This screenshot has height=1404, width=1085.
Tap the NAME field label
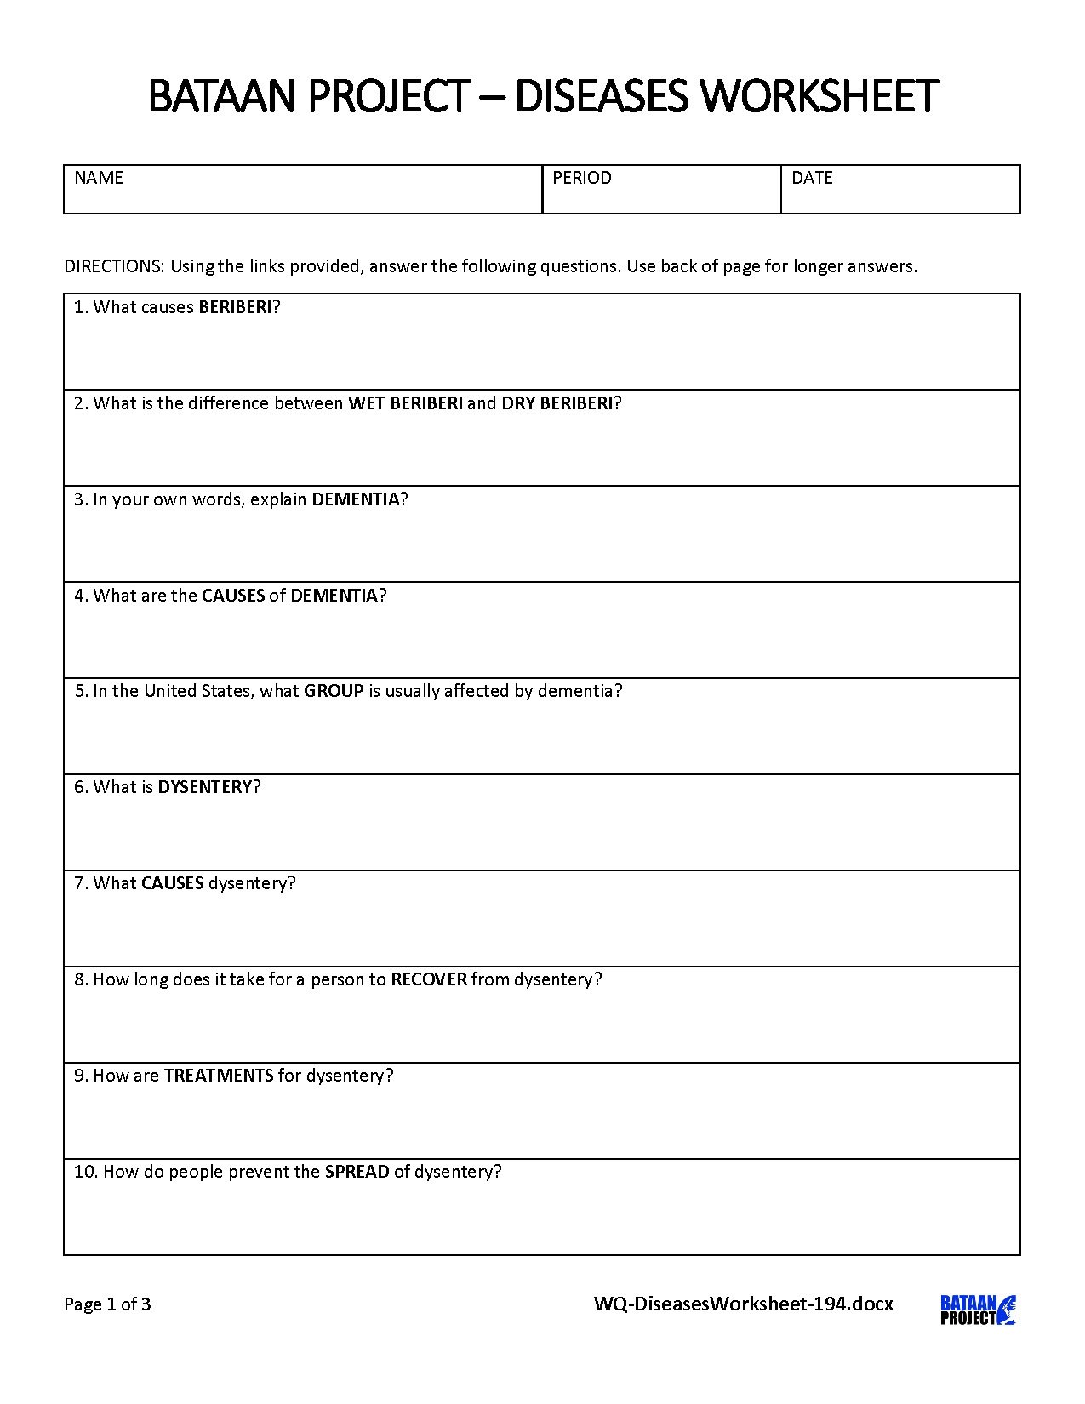point(99,178)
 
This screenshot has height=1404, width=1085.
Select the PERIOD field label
point(582,178)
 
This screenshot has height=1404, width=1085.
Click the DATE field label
point(812,178)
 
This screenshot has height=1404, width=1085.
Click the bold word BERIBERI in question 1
point(235,307)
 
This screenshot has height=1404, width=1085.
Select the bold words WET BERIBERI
point(405,403)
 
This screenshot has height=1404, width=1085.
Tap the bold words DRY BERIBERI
point(557,403)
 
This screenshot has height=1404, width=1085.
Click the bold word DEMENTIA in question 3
point(356,499)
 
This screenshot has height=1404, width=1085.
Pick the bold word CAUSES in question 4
point(233,596)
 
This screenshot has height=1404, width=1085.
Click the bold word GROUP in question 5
point(334,691)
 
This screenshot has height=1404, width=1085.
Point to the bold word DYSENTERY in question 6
point(205,787)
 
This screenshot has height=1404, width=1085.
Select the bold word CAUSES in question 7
point(173,883)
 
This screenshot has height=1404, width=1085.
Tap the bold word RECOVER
point(429,979)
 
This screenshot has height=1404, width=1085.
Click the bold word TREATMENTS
point(219,1076)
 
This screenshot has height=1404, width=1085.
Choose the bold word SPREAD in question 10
point(357,1172)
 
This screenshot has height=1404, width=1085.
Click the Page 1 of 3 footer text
point(108,1304)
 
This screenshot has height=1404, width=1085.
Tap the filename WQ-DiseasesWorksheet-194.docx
point(743,1304)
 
